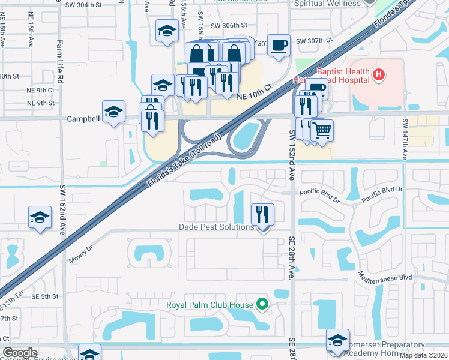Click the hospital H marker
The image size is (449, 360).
click(x=379, y=75)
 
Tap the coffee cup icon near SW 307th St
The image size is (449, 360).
click(x=279, y=46)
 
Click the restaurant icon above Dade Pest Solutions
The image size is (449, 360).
click(x=262, y=214)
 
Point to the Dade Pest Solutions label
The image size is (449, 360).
click(x=217, y=227)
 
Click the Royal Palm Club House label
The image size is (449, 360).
click(x=210, y=305)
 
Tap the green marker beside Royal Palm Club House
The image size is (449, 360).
click(x=262, y=304)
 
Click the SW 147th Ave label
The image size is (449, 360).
click(x=406, y=139)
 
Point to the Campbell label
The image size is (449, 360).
click(x=82, y=119)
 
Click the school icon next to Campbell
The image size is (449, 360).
click(x=113, y=111)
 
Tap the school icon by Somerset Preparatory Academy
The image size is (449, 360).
click(x=338, y=340)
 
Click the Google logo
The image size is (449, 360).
click(x=20, y=353)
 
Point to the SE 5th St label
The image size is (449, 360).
click(x=45, y=296)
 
